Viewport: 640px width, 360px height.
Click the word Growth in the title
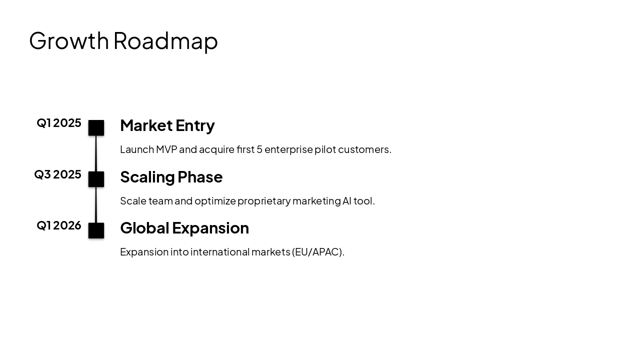point(69,41)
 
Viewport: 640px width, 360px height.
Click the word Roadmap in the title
point(165,41)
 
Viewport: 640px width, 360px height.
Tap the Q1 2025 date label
point(59,123)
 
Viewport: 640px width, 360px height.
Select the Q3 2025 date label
point(57,174)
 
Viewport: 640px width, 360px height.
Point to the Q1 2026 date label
point(59,225)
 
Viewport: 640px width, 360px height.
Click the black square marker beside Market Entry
point(96,128)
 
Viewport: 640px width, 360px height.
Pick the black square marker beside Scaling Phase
point(96,179)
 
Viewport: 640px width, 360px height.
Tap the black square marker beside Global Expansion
point(96,230)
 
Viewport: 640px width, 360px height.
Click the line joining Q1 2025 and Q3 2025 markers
point(96,153)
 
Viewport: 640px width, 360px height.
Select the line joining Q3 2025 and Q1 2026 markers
point(96,205)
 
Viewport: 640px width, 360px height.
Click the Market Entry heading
point(167,125)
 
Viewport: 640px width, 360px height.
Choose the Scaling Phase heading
point(171,177)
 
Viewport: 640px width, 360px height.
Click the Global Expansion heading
point(184,228)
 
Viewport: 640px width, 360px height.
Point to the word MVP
point(166,149)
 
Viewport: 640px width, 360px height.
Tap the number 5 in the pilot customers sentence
point(259,149)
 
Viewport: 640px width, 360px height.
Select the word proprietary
point(263,201)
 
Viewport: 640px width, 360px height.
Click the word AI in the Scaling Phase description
point(347,201)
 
